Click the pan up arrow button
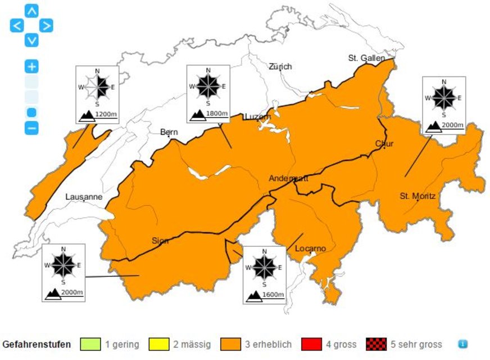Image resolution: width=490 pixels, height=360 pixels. click(32, 11)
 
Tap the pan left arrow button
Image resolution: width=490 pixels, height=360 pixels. click(17, 25)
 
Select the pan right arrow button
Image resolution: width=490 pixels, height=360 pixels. click(46, 25)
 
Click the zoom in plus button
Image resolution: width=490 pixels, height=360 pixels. click(32, 67)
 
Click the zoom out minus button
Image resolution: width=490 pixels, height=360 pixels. click(32, 128)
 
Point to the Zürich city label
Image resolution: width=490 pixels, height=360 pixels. click(280, 66)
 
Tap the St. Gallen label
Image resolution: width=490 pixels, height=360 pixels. click(366, 58)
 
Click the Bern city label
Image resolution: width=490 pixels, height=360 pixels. click(169, 132)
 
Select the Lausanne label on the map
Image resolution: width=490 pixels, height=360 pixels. click(84, 197)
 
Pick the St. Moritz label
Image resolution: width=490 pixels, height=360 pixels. click(418, 196)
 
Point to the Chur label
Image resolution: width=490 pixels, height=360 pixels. click(384, 143)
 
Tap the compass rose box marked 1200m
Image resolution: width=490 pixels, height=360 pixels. click(97, 94)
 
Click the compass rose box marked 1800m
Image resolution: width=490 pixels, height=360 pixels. click(208, 94)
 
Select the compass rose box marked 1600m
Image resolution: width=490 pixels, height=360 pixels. click(264, 274)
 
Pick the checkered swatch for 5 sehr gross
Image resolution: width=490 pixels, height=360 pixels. click(376, 344)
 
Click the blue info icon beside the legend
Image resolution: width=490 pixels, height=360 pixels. click(462, 344)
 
